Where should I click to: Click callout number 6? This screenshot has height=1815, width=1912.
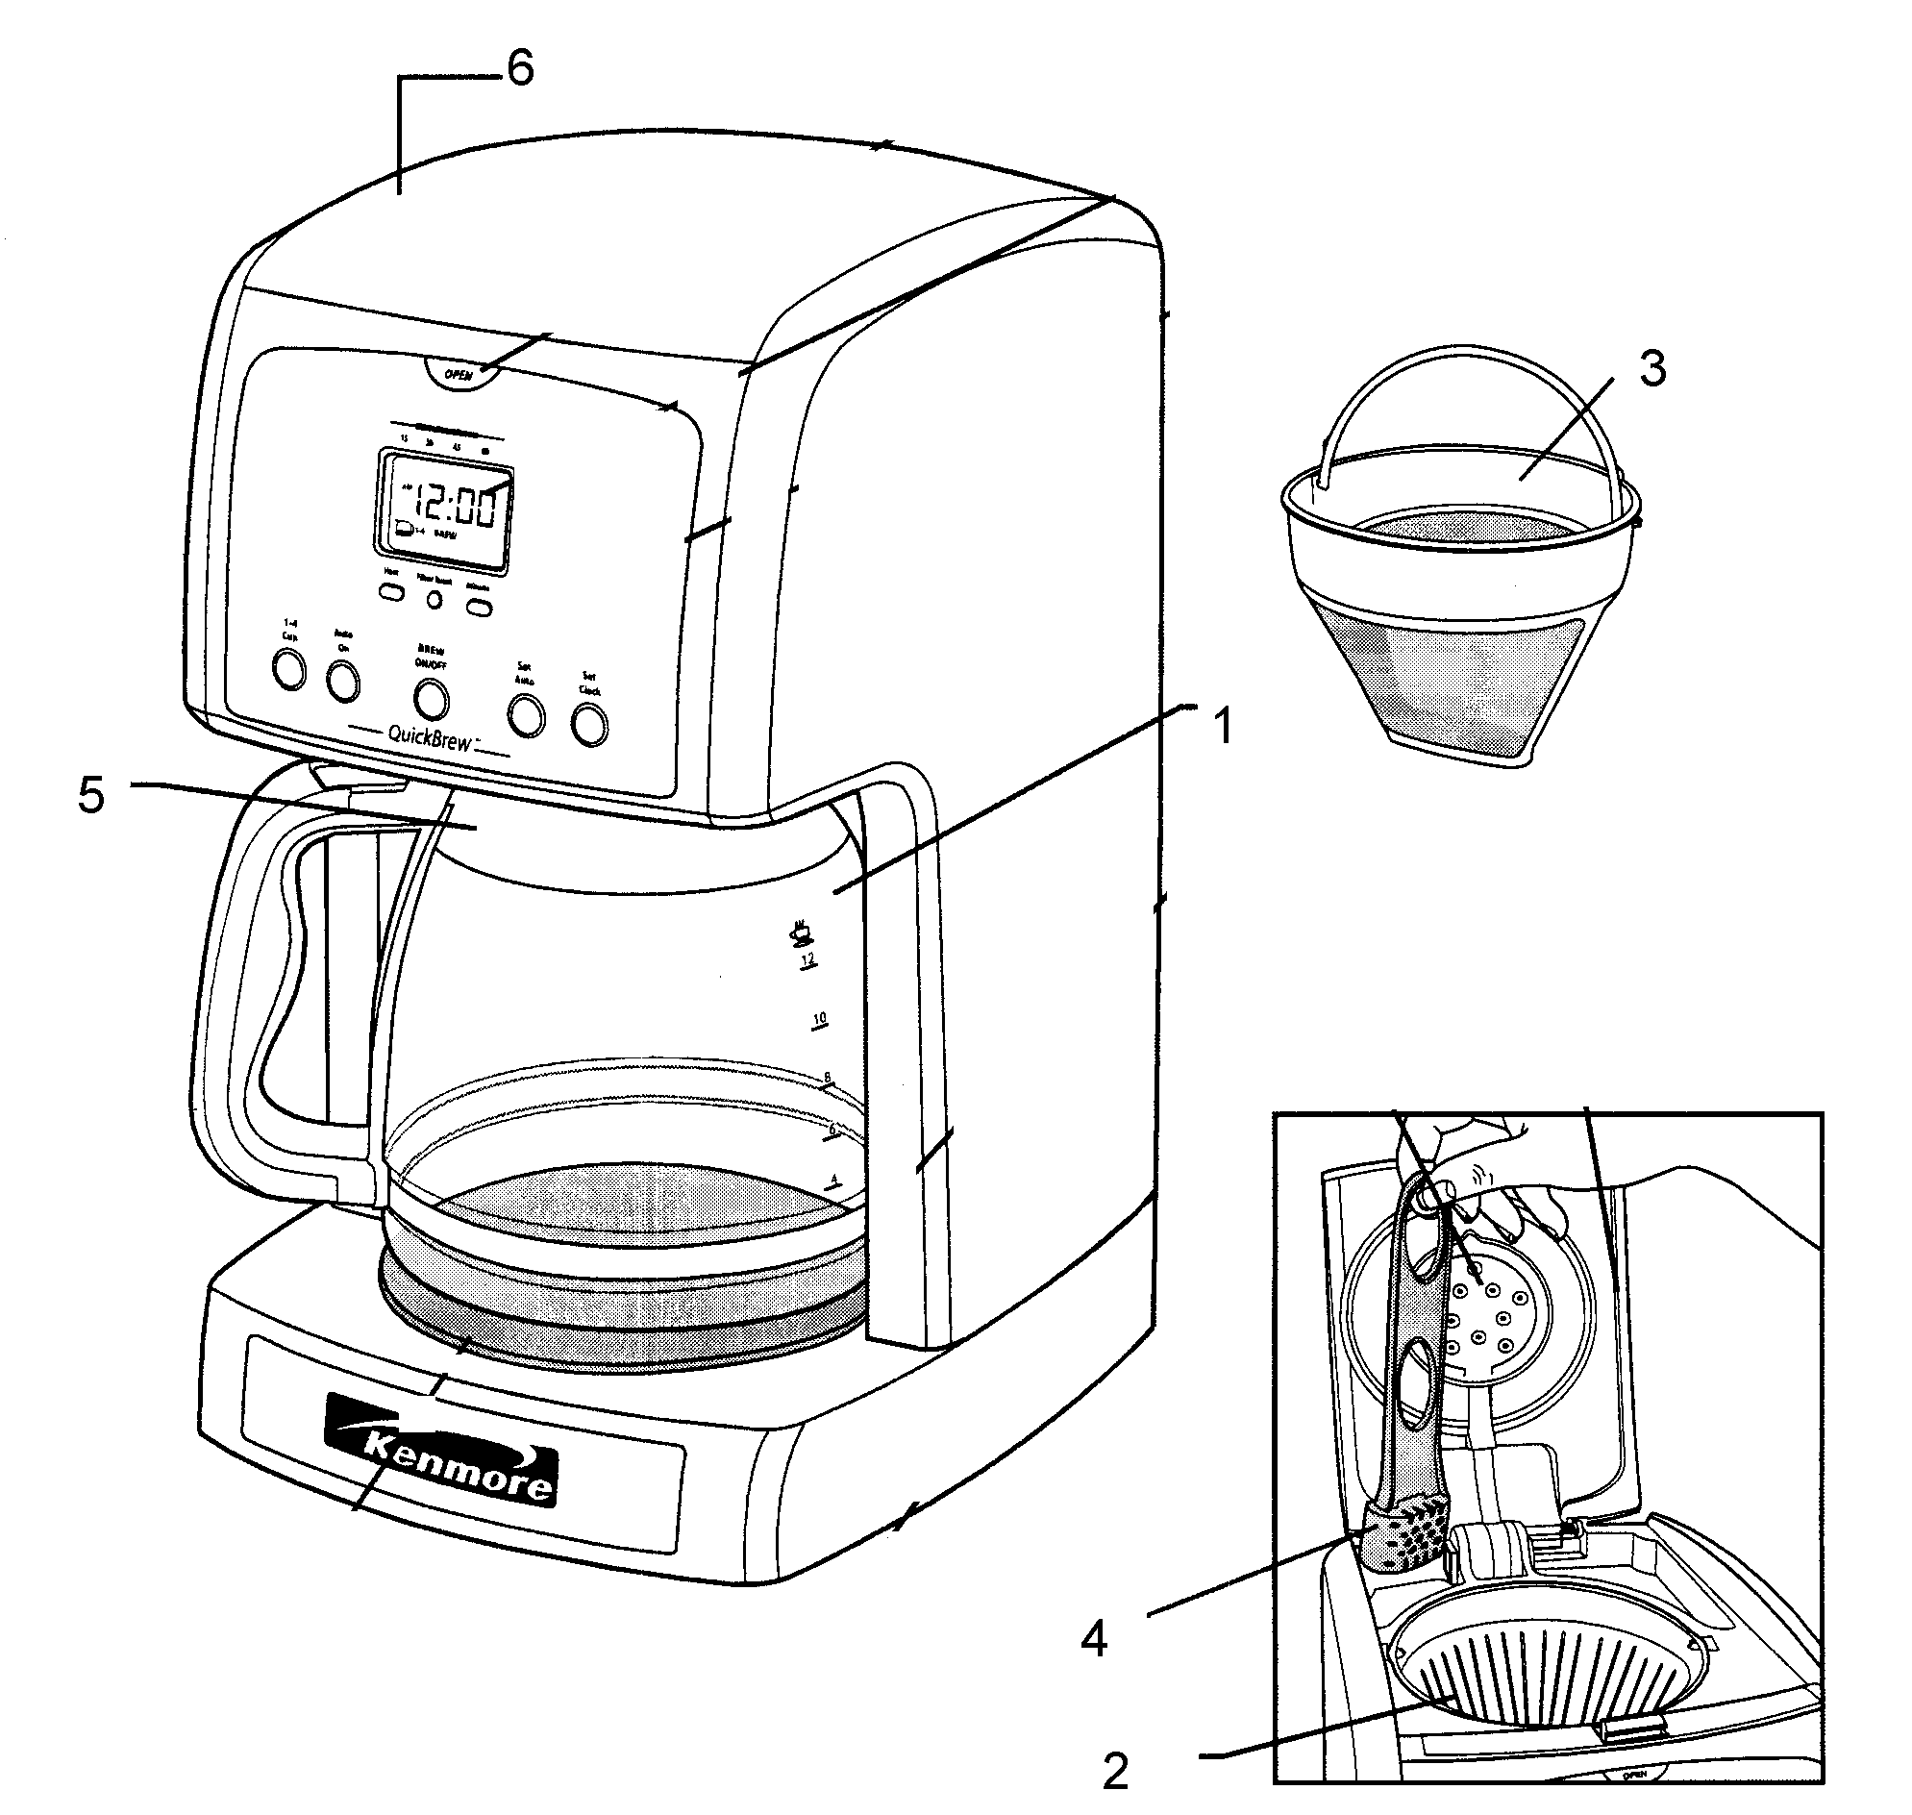point(521,69)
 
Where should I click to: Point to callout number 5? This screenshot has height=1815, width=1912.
point(91,797)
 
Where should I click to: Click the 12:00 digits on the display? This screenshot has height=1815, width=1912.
point(455,507)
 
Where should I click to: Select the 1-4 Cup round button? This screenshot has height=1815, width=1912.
point(288,669)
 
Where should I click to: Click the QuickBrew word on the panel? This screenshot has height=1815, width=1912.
point(430,737)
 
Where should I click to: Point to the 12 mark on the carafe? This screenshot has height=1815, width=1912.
point(807,959)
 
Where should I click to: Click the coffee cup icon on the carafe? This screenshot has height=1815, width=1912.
point(800,932)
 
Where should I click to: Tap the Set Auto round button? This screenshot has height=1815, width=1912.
point(526,716)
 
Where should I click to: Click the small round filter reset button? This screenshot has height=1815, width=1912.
point(435,600)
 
